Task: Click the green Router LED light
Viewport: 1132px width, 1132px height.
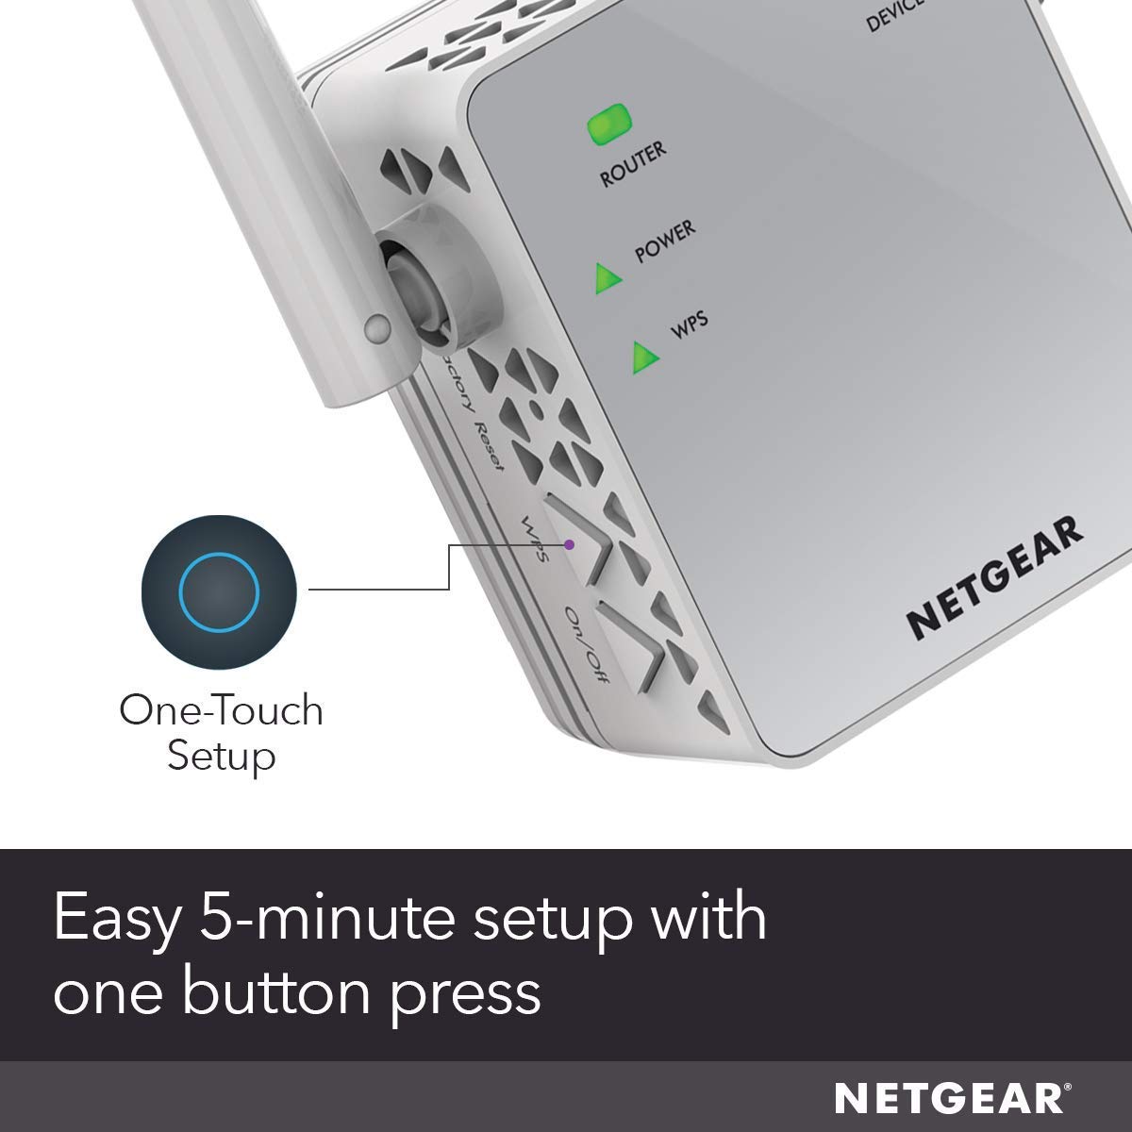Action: [x=608, y=126]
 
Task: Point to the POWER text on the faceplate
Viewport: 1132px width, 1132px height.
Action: [x=665, y=241]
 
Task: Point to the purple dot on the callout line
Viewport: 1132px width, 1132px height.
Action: [x=569, y=544]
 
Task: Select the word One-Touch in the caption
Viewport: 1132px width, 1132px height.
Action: [x=221, y=710]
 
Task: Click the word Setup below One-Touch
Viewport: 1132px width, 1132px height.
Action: [x=221, y=756]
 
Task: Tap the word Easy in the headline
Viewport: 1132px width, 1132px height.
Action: [x=114, y=917]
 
